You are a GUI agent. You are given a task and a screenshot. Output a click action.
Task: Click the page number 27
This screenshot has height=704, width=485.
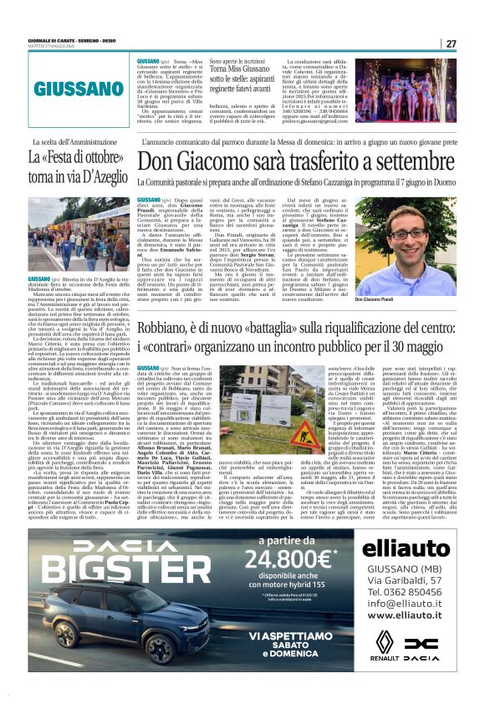click(451, 43)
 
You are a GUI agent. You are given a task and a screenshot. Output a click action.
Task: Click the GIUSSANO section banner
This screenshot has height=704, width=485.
click(80, 86)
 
